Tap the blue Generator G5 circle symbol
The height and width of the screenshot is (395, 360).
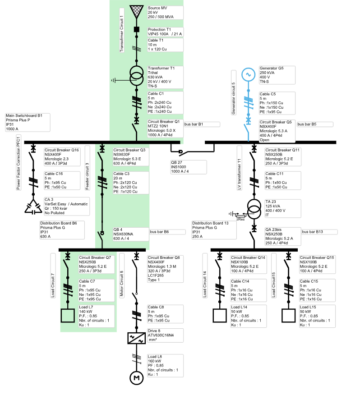coord(248,74)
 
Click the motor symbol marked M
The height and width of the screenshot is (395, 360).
coord(135,377)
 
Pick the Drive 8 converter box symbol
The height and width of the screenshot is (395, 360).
coord(135,338)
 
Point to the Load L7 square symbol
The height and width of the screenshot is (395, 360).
coord(68,315)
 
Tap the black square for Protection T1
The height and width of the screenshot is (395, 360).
coord(135,30)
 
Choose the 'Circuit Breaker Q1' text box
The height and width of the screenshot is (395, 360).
coord(165,128)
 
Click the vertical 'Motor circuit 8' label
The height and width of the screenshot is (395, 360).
coord(122,284)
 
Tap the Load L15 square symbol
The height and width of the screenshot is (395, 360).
coord(288,315)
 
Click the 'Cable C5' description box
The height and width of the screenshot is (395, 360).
coord(277,103)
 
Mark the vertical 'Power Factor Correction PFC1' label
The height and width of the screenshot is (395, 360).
coord(19,163)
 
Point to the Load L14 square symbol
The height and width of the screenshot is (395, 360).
coord(219,315)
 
